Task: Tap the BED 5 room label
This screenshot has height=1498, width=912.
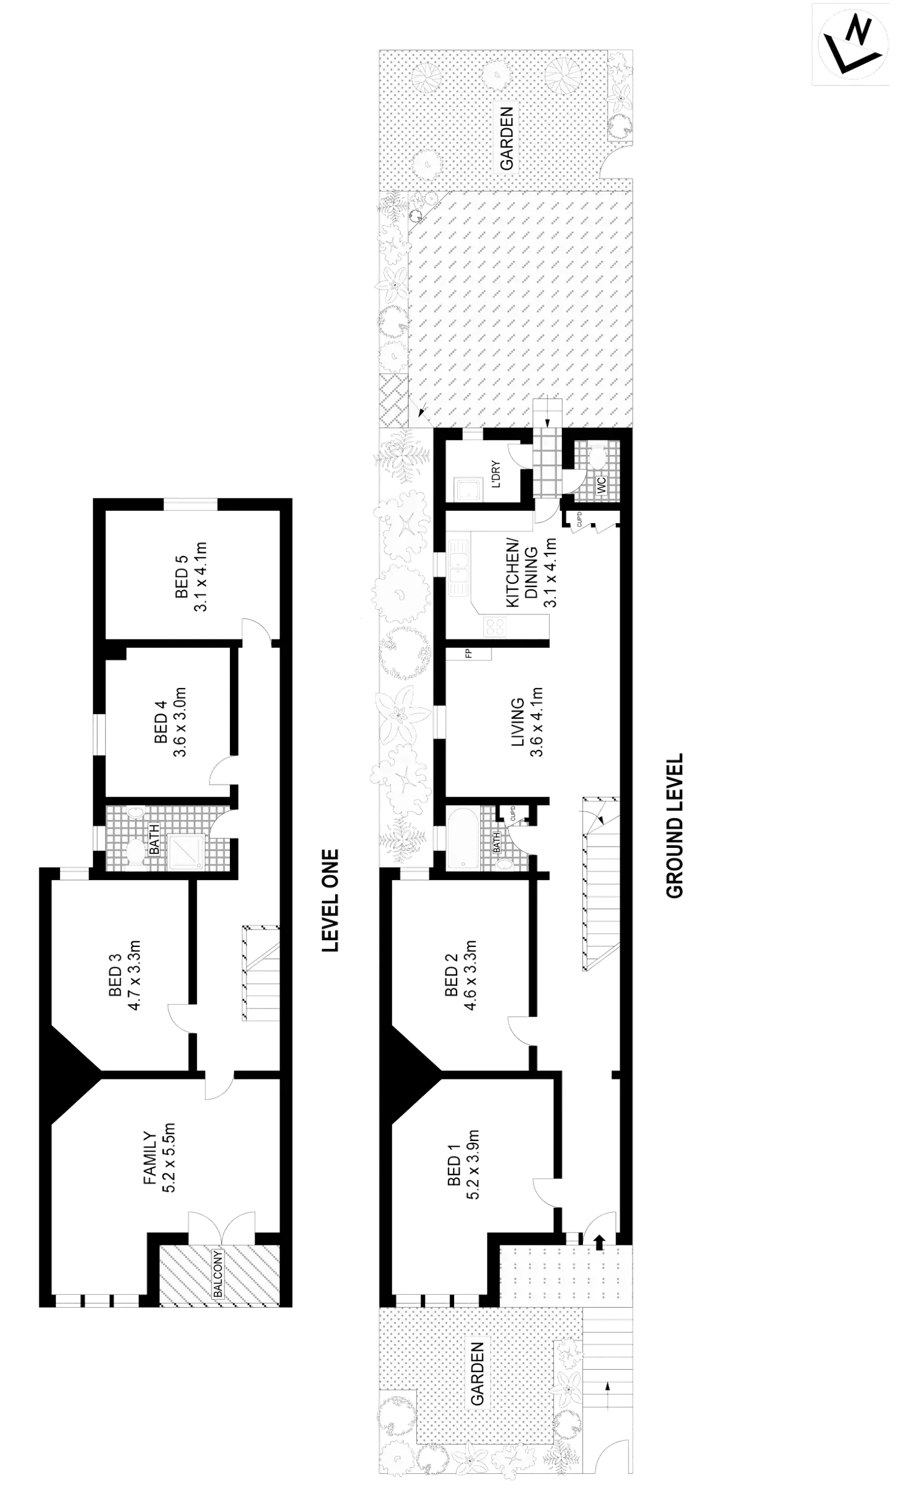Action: (182, 576)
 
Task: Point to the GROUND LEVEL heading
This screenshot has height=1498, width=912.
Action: (673, 825)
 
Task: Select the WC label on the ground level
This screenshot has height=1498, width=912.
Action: (602, 486)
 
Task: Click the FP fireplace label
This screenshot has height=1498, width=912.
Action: (469, 653)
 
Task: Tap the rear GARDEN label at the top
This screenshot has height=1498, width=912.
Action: (506, 138)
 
